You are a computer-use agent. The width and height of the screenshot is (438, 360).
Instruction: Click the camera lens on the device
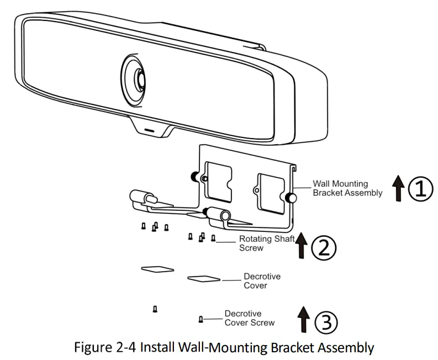tap(135, 78)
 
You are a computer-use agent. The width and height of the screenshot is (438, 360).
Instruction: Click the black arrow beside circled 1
tap(397, 189)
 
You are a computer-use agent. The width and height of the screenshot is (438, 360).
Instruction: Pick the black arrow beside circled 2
tap(301, 246)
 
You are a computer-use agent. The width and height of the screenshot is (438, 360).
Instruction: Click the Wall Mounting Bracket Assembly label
tap(347, 188)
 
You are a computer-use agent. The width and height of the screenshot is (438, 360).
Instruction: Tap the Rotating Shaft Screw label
tap(263, 243)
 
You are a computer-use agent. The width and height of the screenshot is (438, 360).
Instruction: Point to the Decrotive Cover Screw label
tap(249, 318)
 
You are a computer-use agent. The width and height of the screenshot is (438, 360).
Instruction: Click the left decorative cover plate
tap(157, 269)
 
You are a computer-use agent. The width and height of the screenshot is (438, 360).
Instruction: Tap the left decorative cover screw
tap(155, 309)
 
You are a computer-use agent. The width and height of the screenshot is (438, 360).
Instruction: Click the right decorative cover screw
tap(201, 319)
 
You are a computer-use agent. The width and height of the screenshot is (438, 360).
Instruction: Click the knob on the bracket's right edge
tap(289, 196)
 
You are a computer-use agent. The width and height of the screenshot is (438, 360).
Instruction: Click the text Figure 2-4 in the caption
tap(104, 348)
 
